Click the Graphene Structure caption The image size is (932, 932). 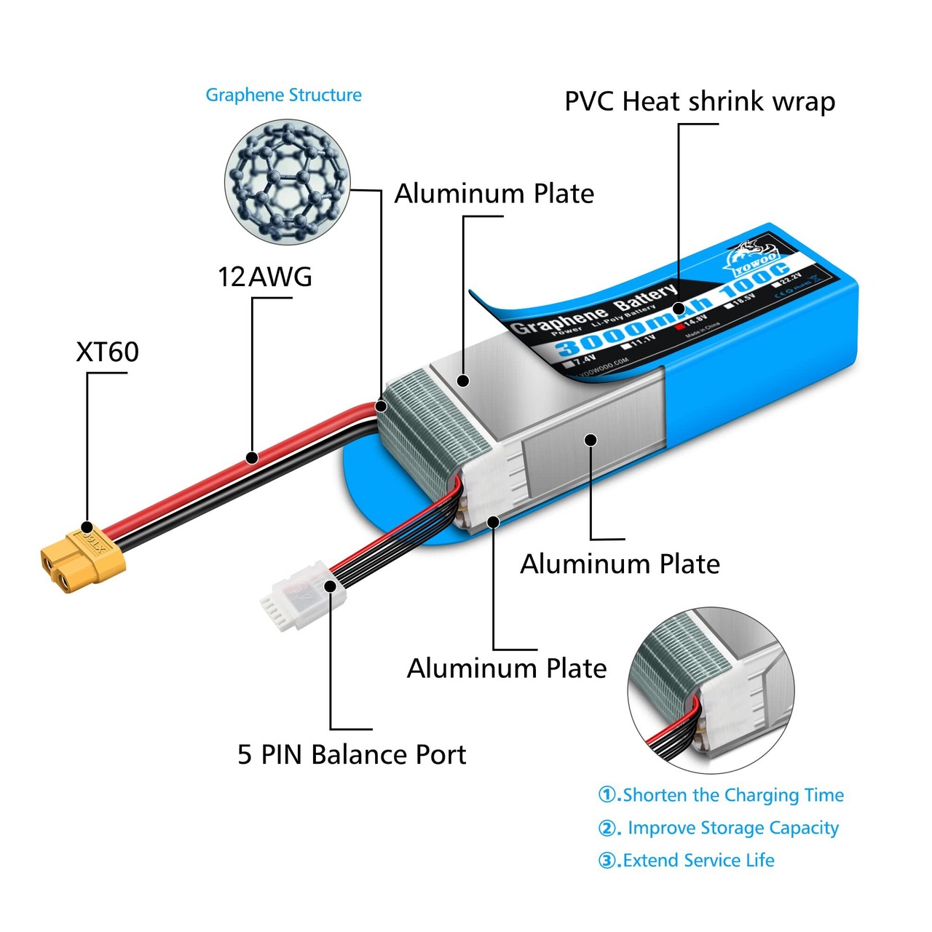pos(283,95)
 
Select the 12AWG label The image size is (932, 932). pos(265,277)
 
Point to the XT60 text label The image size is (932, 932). pos(107,352)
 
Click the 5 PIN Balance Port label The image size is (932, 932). pos(351,754)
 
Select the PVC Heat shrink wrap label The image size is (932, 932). pos(699,101)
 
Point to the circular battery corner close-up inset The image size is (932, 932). pos(711,690)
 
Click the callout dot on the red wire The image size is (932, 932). pos(252,458)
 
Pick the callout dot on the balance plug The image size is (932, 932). pos(331,585)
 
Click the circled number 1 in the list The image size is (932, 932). pos(607,794)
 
